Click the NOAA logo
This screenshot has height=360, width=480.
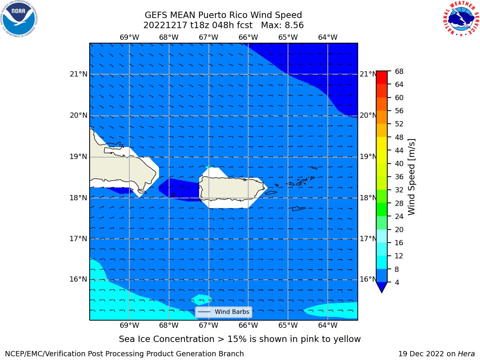coord(19,19)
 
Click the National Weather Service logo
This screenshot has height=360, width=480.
coord(461,18)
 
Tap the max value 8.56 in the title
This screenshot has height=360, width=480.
coord(294,25)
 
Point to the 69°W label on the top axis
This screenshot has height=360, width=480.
coord(129,37)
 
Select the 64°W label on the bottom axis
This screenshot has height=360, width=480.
coord(328,325)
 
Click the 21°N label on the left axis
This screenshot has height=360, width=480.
coord(78,74)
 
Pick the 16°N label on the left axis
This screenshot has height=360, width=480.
coord(78,279)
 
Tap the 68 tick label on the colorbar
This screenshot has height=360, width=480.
coord(399,72)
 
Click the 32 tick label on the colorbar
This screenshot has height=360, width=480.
coord(399,190)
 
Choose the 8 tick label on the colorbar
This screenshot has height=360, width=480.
coord(397,269)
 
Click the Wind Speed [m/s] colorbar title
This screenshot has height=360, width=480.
coord(411,177)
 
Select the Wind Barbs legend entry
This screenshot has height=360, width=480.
coord(223,312)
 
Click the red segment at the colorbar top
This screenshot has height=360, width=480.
coord(382,78)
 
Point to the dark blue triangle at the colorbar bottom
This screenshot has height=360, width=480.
coord(382,287)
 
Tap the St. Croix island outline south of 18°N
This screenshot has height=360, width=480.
coord(298,209)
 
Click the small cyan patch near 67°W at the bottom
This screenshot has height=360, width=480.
coord(201,300)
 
